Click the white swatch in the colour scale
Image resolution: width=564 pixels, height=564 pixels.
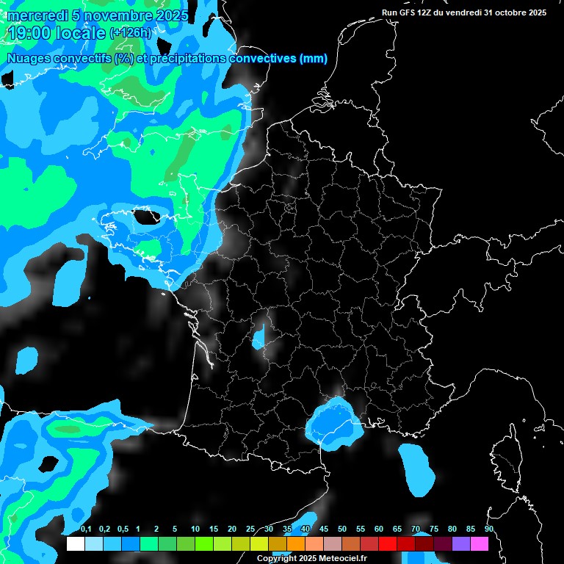[75, 544]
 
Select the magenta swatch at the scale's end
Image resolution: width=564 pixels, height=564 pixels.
[480, 544]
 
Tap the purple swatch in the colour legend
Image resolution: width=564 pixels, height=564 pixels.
[461, 544]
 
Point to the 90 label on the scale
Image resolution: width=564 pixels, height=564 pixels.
[488, 529]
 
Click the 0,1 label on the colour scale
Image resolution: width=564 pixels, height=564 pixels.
[85, 529]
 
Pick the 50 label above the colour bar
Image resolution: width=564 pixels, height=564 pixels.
[342, 529]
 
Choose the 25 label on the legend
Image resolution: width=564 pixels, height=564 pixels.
[250, 529]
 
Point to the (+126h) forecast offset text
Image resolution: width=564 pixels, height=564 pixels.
[130, 33]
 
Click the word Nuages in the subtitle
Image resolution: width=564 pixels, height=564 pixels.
[27, 59]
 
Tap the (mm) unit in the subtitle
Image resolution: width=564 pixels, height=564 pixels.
[314, 59]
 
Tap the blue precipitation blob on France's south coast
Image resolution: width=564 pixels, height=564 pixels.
[334, 424]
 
